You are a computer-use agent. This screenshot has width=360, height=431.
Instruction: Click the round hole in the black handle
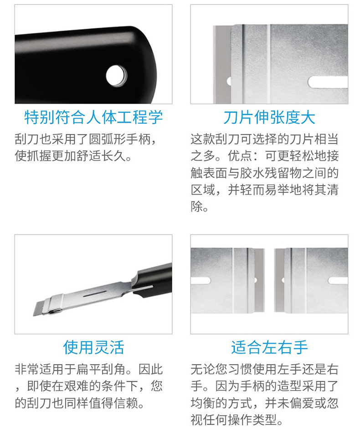click(117, 76)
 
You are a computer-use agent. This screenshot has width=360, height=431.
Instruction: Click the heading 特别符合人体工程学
click(93, 118)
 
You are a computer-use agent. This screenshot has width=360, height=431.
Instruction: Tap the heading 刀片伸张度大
click(269, 118)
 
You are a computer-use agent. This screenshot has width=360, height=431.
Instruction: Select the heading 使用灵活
click(93, 347)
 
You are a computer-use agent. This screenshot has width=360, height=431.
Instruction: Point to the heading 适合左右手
click(269, 347)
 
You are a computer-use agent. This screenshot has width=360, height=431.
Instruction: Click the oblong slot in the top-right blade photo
click(328, 82)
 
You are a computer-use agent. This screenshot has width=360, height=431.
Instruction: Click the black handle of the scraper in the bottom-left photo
click(154, 280)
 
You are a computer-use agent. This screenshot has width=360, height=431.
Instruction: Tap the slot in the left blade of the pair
click(201, 281)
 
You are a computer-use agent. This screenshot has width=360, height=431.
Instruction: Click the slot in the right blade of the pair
click(338, 281)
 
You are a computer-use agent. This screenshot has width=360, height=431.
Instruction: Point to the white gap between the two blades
click(269, 280)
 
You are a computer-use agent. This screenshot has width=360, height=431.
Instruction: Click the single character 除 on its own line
click(197, 206)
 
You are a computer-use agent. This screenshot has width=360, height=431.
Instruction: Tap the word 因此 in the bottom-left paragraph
click(150, 369)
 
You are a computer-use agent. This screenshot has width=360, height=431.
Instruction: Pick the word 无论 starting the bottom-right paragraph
click(203, 369)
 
